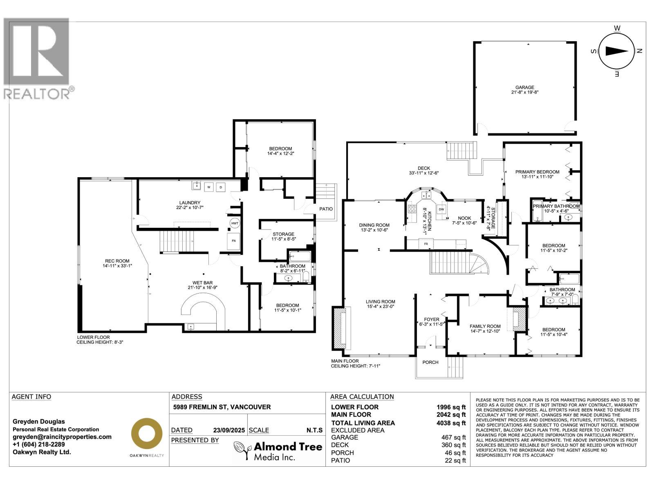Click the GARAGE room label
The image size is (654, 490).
[524, 87]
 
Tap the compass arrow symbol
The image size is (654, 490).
[616, 51]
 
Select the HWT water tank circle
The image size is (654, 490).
[235, 223]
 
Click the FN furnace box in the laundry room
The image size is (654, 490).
[234, 241]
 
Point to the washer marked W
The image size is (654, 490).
[209, 187]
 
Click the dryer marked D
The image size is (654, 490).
[221, 187]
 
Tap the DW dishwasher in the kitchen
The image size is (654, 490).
[441, 209]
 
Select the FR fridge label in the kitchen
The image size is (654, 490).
[426, 244]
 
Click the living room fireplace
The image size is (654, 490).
[340, 327]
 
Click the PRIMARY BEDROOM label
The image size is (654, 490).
[537, 172]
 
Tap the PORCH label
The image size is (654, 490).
[430, 362]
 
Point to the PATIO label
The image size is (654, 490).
[326, 209]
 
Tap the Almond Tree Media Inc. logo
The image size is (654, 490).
[278, 451]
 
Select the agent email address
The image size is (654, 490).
[62, 437]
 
